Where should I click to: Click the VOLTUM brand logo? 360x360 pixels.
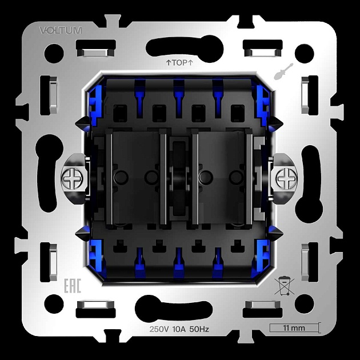click(61, 30)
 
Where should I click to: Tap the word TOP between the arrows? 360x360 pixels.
click(179, 62)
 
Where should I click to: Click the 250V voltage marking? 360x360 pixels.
click(159, 329)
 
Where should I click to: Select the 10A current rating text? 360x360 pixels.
click(179, 329)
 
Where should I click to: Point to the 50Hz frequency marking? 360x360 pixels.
click(199, 329)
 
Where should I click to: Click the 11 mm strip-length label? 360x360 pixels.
click(294, 328)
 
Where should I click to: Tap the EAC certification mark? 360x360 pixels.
click(73, 286)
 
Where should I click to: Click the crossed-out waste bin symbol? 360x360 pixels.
click(284, 286)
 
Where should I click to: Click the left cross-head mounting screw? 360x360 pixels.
click(73, 178)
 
